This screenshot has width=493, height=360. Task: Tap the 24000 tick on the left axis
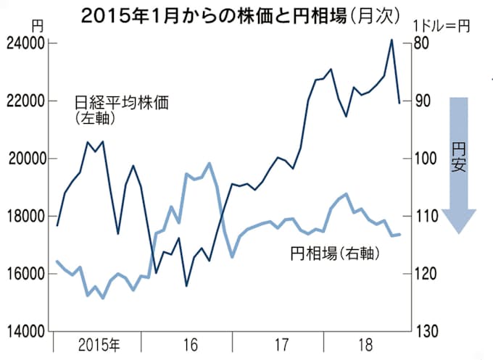pos(24,44)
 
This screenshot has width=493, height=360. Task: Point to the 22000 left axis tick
pos(24,101)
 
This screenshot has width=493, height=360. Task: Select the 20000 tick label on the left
pos(24,159)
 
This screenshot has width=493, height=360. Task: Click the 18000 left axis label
pos(24,217)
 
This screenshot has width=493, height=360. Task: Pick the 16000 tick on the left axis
pos(24,274)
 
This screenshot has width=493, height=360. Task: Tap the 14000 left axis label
pos(24,332)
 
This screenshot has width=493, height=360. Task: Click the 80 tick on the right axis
pos(423,44)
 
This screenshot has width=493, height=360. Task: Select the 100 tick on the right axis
pos(427,159)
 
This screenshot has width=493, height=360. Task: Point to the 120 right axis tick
pos(427,274)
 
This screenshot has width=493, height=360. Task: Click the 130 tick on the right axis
pos(427,332)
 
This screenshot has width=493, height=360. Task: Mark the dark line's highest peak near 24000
pos(392,40)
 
